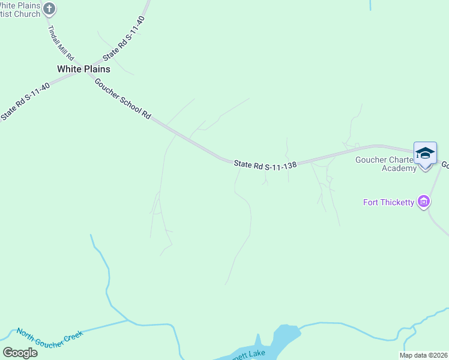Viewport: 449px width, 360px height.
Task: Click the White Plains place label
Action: [83, 69]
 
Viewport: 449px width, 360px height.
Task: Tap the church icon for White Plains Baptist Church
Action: [50, 8]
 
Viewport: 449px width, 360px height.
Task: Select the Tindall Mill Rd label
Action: [62, 42]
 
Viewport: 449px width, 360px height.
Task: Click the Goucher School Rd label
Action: [122, 98]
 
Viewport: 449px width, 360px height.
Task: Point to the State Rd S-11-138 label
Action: [265, 164]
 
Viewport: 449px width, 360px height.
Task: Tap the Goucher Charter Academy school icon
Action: [425, 154]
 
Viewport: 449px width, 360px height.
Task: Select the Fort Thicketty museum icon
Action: [424, 202]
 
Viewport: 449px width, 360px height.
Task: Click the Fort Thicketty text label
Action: [389, 202]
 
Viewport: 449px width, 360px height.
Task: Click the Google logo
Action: [20, 353]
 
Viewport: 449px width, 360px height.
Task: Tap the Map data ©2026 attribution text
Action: [424, 355]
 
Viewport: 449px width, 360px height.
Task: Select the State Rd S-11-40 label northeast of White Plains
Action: [124, 38]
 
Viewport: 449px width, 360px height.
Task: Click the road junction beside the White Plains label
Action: [75, 77]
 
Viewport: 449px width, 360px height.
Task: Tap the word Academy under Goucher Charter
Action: [399, 168]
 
